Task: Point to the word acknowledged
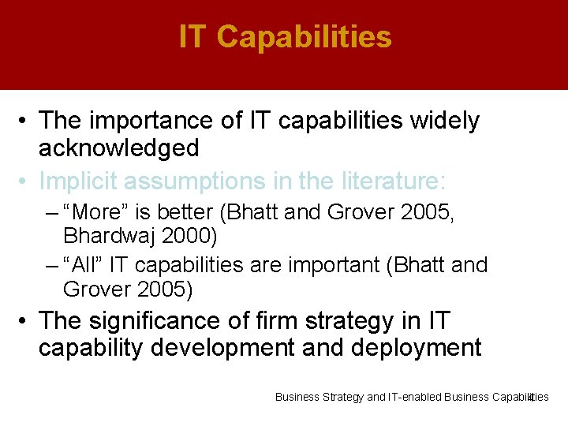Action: pos(118,148)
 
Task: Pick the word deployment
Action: pos(415,348)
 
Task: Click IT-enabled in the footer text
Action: pos(415,397)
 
